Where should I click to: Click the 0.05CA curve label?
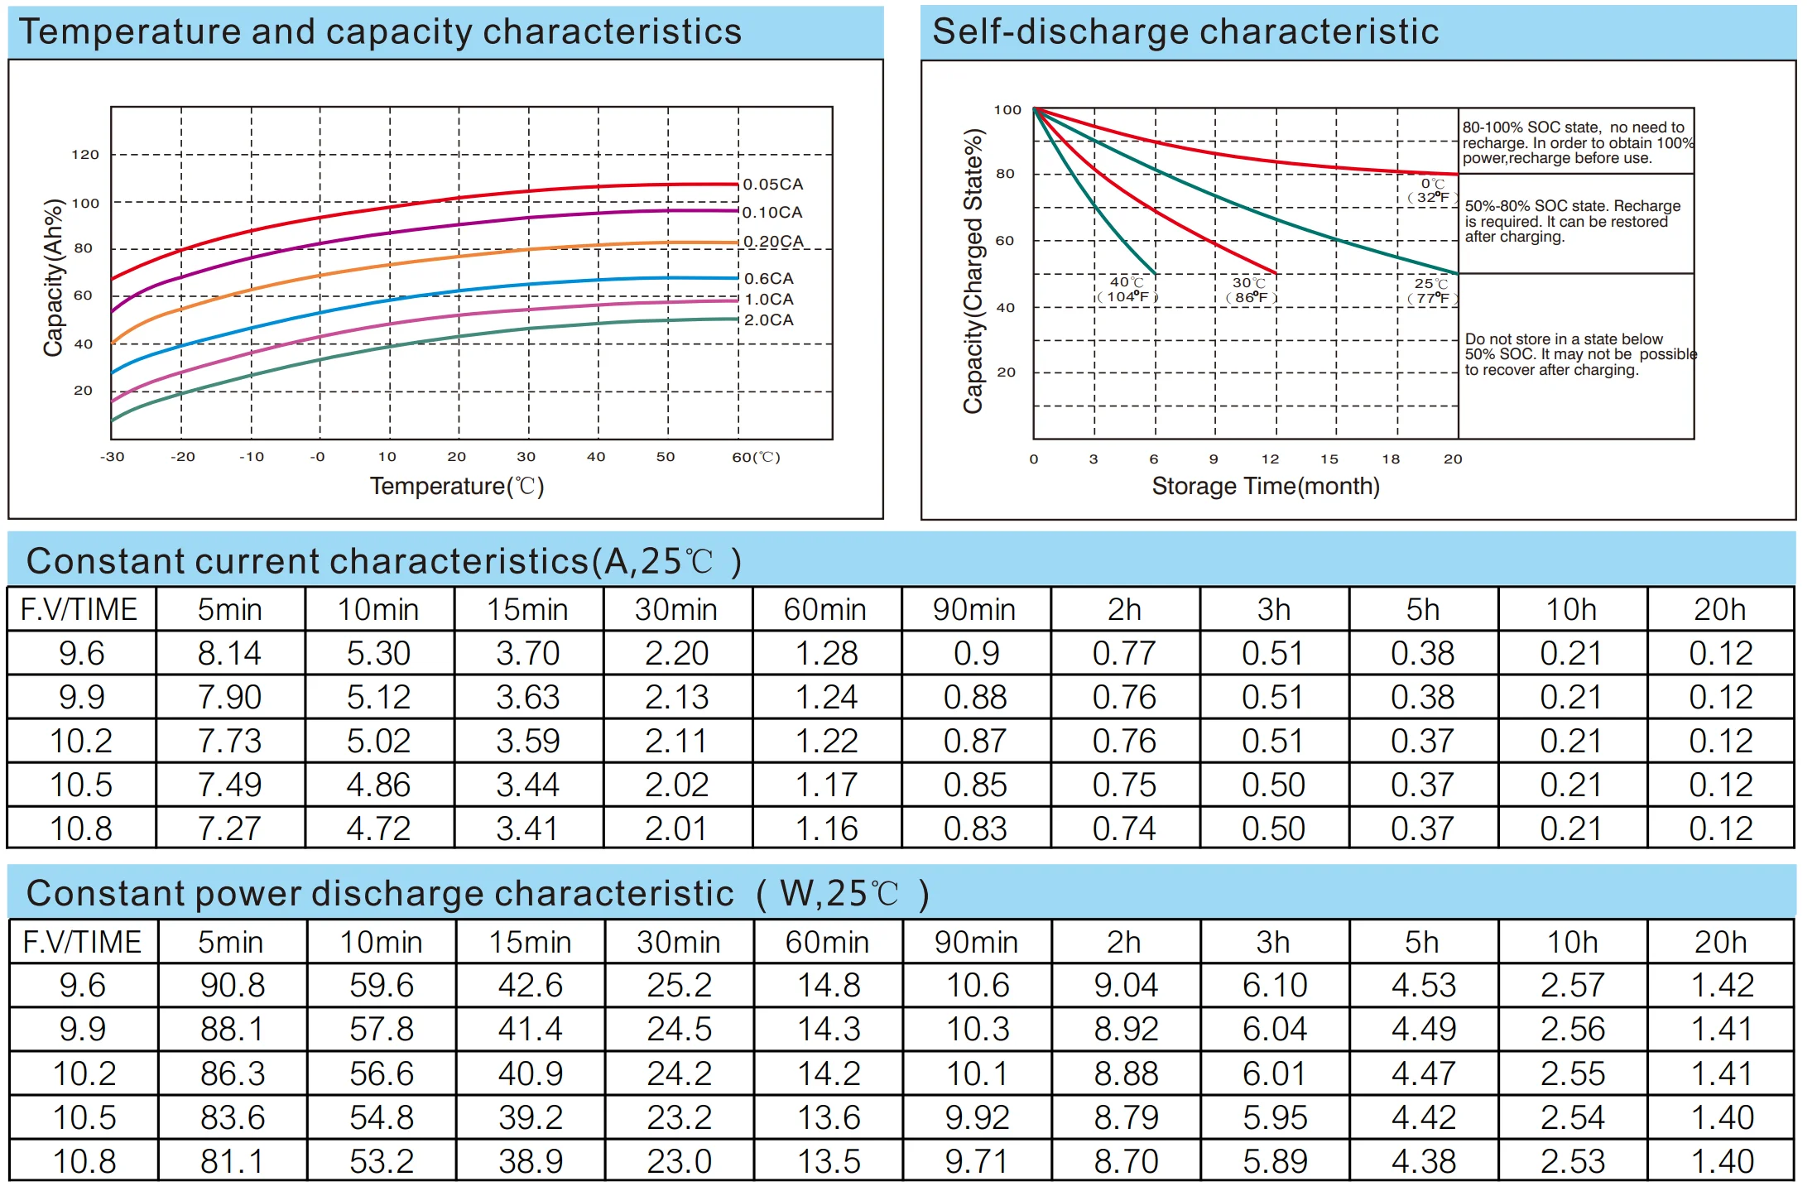[x=772, y=184]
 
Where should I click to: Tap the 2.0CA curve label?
[x=768, y=319]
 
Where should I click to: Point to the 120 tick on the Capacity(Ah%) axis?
[x=85, y=155]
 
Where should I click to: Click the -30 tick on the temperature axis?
[x=112, y=457]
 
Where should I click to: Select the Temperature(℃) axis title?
[x=456, y=486]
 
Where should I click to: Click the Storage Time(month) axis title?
[x=1265, y=486]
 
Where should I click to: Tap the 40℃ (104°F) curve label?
[x=1127, y=290]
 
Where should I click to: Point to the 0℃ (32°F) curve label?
[x=1433, y=190]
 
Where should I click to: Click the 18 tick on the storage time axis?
[x=1391, y=459]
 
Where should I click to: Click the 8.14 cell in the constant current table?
[x=229, y=654]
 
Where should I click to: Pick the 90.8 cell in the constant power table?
[x=232, y=986]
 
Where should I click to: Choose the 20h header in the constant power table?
[x=1720, y=942]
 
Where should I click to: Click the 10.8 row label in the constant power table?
[x=84, y=1161]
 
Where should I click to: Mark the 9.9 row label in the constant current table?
[x=81, y=697]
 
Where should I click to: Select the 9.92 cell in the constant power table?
[x=977, y=1117]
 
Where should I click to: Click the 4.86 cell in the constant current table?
[x=378, y=785]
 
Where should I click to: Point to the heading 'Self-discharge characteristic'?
[x=1185, y=31]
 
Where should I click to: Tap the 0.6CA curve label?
[x=768, y=279]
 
